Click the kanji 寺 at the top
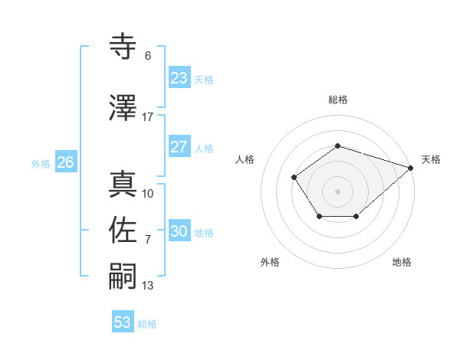click(x=123, y=47)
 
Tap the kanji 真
click(x=123, y=184)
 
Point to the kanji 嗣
click(x=123, y=276)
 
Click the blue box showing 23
click(x=179, y=78)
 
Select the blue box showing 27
click(x=179, y=147)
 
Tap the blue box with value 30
click(x=179, y=231)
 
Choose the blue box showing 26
click(x=65, y=162)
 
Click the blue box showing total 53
click(x=123, y=322)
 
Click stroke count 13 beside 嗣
click(x=148, y=286)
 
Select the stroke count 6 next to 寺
click(x=148, y=56)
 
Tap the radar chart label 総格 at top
click(x=337, y=100)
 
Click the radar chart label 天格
click(x=431, y=159)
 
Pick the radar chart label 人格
click(x=245, y=159)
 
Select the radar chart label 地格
click(x=402, y=262)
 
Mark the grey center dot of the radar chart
click(x=337, y=191)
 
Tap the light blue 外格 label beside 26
click(x=41, y=163)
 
